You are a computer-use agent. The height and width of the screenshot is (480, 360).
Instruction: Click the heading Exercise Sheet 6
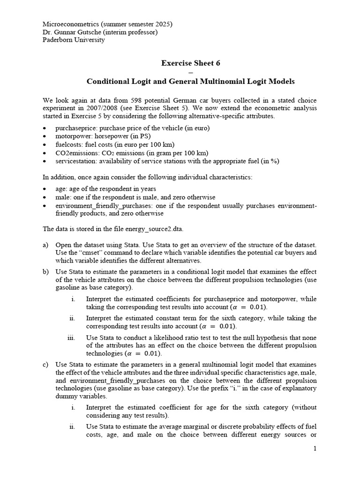(x=191, y=63)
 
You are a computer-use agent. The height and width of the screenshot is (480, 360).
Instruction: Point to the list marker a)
(x=46, y=245)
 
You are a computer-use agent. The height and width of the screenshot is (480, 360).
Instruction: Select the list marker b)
(x=46, y=272)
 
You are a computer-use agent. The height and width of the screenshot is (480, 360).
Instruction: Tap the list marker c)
(x=46, y=365)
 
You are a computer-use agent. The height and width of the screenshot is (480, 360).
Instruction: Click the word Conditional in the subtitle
(x=107, y=82)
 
